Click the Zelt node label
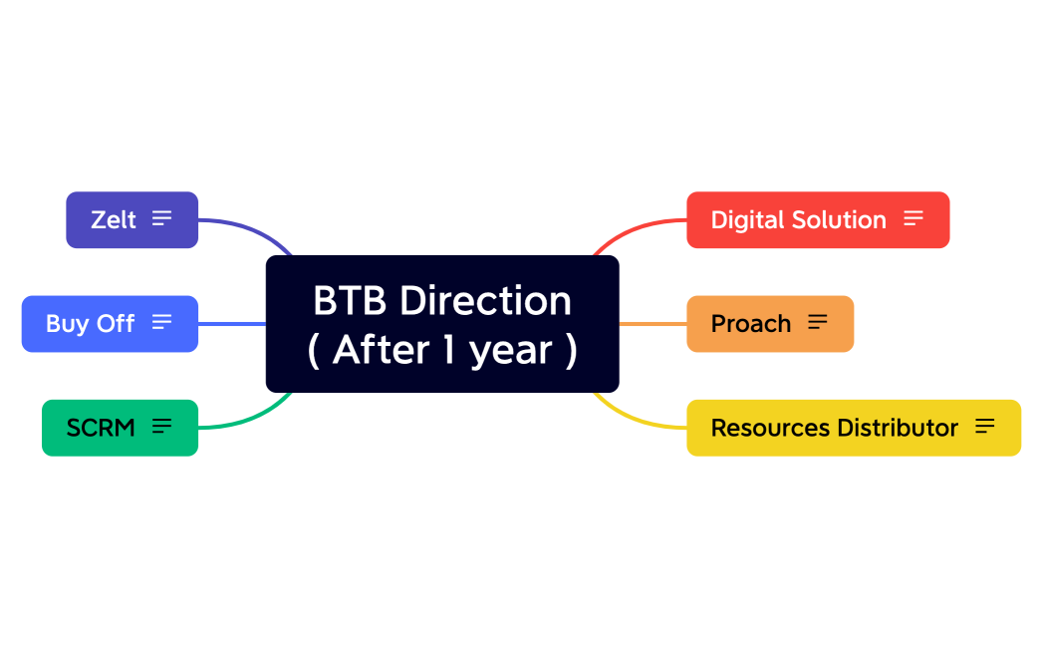click(113, 219)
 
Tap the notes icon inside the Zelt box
click(161, 218)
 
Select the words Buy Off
click(90, 324)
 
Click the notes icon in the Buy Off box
click(161, 322)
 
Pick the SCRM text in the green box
click(100, 428)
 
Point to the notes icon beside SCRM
click(161, 427)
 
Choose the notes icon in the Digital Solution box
click(913, 218)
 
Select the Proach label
click(750, 324)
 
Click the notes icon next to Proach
click(817, 322)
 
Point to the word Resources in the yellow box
click(770, 428)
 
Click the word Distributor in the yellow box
click(897, 428)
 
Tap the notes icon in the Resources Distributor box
click(984, 427)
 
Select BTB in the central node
click(351, 300)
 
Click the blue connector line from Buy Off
click(232, 323)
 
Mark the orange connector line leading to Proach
click(652, 323)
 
